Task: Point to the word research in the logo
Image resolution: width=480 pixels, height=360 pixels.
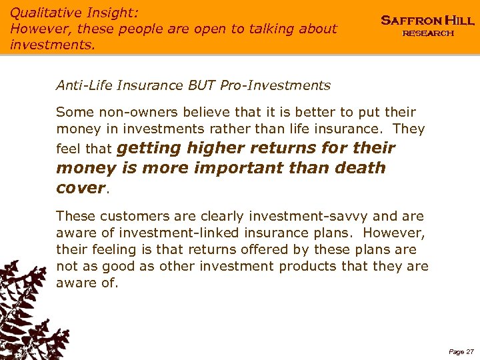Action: (x=427, y=33)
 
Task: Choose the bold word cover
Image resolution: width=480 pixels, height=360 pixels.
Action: (x=81, y=188)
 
